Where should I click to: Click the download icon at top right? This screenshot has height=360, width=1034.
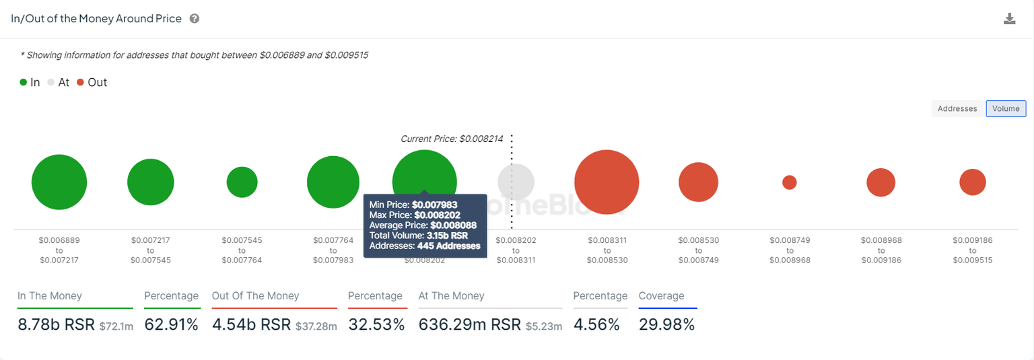[1009, 19]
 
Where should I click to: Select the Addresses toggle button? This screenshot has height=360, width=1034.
[957, 108]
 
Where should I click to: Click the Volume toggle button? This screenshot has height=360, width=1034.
[1006, 108]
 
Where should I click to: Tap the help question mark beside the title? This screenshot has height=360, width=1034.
[195, 19]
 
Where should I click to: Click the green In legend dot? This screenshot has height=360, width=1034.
[23, 82]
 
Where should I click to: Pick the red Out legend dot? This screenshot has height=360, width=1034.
[80, 82]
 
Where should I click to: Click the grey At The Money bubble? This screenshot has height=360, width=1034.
[516, 182]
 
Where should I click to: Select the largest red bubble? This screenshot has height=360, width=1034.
[607, 182]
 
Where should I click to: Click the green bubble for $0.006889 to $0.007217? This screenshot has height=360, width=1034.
[59, 182]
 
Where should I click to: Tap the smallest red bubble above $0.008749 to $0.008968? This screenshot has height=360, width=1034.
[790, 182]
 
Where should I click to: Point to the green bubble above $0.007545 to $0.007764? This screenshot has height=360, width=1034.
[242, 182]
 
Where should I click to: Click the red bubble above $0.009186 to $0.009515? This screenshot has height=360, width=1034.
[973, 182]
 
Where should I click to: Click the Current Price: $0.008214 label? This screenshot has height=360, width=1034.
[452, 139]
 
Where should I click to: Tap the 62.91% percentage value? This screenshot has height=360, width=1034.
[171, 324]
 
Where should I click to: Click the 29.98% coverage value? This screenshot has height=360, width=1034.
[666, 324]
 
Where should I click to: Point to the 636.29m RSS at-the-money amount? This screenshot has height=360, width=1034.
[470, 324]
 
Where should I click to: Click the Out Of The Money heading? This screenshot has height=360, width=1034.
[255, 296]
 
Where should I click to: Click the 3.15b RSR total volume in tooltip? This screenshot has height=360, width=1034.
[447, 236]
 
